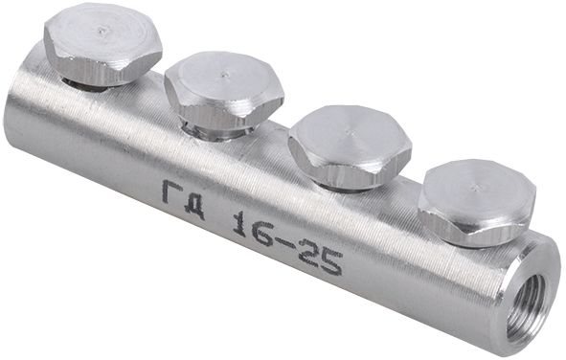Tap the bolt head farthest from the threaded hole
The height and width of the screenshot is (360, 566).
tap(102, 42)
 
